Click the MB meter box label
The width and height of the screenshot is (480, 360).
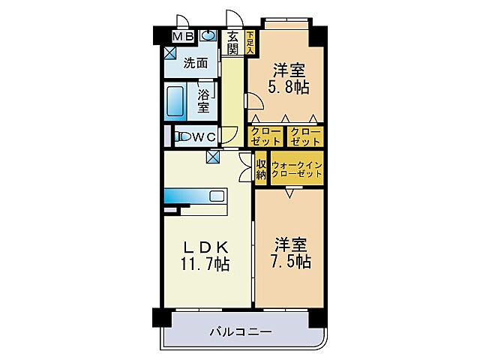pyautogui.click(x=184, y=36)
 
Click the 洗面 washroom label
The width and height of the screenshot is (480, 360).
pyautogui.click(x=196, y=64)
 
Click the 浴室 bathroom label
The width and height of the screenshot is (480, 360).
pyautogui.click(x=204, y=101)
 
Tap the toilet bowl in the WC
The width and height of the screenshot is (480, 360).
pyautogui.click(x=182, y=136)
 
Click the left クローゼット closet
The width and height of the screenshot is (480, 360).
pyautogui.click(x=265, y=136)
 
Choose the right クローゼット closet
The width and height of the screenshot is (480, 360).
pyautogui.click(x=305, y=136)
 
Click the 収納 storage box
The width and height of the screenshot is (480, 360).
pyautogui.click(x=261, y=169)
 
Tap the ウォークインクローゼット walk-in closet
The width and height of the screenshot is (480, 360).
pyautogui.click(x=296, y=169)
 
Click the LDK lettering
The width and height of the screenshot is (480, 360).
pyautogui.click(x=202, y=248)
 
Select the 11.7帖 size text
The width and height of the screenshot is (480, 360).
pyautogui.click(x=202, y=264)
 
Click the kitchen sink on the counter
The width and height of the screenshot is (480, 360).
pyautogui.click(x=217, y=196)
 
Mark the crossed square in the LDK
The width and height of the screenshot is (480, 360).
pyautogui.click(x=214, y=157)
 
